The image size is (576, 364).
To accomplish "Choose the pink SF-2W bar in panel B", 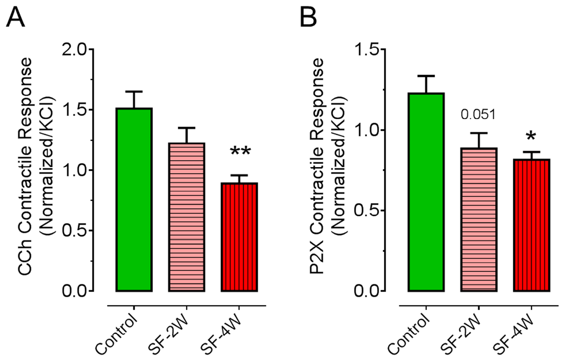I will click(479, 220).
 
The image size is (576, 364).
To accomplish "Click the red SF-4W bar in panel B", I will click(532, 225).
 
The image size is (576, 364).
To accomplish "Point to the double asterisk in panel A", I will click(240, 152).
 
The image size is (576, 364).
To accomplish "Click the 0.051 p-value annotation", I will click(478, 114).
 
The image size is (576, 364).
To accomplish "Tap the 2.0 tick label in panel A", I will click(75, 50).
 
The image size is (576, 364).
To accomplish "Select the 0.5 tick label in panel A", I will click(75, 231).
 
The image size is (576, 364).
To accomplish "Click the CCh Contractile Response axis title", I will click(25, 166).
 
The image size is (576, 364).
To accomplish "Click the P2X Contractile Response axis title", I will click(317, 166).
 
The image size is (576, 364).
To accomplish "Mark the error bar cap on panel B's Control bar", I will click(426, 76).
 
